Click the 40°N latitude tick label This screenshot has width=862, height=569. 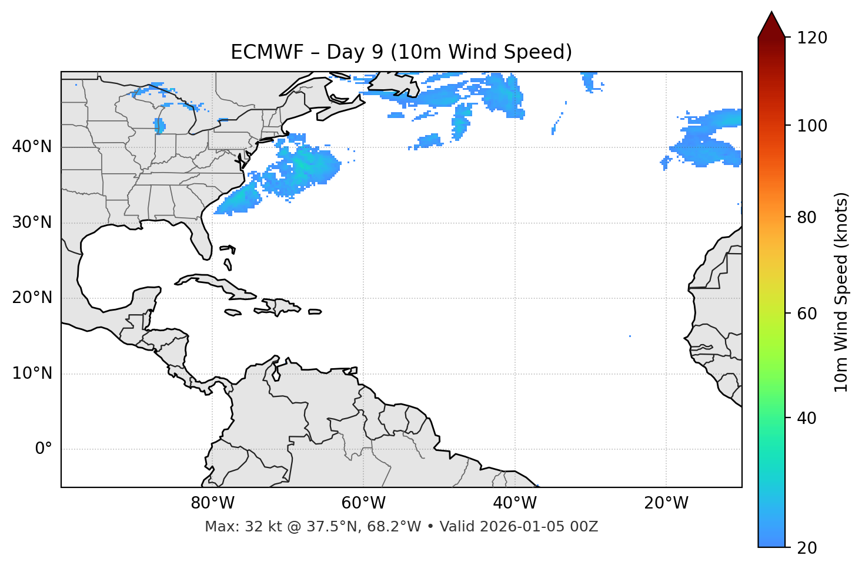click(x=32, y=147)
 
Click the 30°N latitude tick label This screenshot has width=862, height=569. click(x=32, y=223)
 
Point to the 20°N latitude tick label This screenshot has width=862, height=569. click(x=32, y=298)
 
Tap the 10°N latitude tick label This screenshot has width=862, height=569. click(x=32, y=373)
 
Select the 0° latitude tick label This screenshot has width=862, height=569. click(x=43, y=449)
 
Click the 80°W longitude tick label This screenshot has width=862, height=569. click(x=212, y=503)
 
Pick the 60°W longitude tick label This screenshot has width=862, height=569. click(x=363, y=503)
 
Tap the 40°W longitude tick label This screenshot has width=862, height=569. click(x=514, y=503)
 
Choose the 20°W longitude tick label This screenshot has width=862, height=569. click(x=666, y=503)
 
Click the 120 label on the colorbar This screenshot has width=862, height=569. click(x=812, y=38)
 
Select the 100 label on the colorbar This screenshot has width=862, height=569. click(x=812, y=126)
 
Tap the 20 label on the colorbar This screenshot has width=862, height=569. click(x=807, y=548)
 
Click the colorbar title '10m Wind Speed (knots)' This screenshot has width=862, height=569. click(x=841, y=292)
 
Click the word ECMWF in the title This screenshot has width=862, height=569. click(x=267, y=52)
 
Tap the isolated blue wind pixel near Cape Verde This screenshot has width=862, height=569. click(x=630, y=336)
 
